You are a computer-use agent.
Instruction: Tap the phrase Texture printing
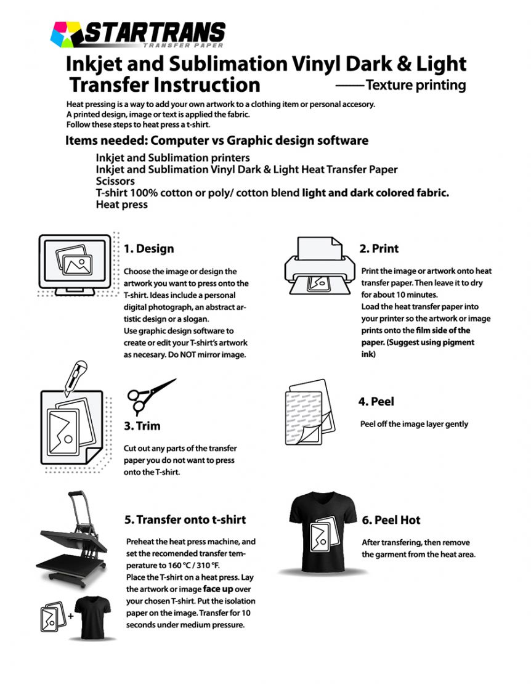click(x=415, y=85)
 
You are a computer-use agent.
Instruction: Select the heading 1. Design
click(x=148, y=249)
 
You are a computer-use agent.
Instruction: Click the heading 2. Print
click(x=379, y=248)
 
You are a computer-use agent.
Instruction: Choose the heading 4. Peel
click(x=376, y=402)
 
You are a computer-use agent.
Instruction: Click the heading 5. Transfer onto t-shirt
click(x=185, y=519)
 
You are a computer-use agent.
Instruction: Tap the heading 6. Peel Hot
click(x=391, y=520)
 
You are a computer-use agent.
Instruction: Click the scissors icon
click(x=150, y=396)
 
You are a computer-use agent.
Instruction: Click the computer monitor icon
click(x=75, y=264)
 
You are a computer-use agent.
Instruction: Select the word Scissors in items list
click(x=115, y=181)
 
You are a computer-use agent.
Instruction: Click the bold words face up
click(x=218, y=588)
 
